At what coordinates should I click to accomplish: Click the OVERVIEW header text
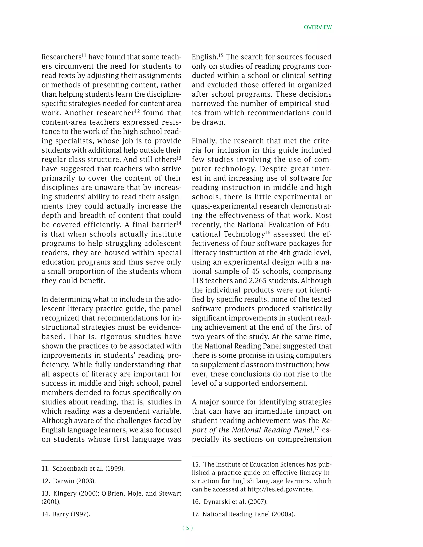(317, 27)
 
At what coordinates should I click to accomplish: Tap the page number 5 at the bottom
(188, 528)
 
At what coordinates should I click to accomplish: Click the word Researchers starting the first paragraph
(61, 57)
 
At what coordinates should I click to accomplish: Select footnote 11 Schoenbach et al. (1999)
(83, 469)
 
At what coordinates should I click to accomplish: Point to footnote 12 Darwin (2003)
(69, 481)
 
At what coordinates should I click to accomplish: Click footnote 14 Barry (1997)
(66, 514)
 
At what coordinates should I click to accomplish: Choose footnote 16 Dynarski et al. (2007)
(230, 502)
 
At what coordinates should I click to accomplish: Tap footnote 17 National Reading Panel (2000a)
(243, 514)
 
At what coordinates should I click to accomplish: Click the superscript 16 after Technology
(268, 232)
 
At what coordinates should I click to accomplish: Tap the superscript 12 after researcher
(137, 111)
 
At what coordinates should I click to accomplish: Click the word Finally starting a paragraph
(204, 141)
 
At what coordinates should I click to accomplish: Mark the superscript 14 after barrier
(179, 223)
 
